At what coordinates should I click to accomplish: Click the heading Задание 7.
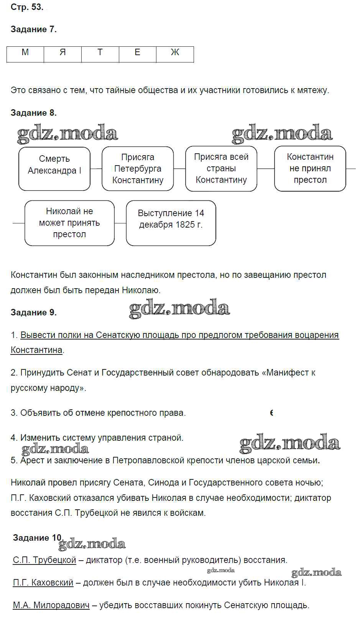pos(34,30)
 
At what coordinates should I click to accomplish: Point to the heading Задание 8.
pos(34,113)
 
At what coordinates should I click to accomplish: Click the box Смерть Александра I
pos(54,169)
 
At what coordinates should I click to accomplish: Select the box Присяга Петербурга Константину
pos(138,169)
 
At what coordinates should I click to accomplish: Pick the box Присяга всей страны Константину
pos(221,169)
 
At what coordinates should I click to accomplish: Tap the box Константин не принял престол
pos(310,169)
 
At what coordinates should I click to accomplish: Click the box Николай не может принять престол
pos(69,223)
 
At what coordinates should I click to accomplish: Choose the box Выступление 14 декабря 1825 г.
pos(171,223)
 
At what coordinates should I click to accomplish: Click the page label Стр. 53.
pos(27,7)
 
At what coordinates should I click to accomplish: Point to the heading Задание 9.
pos(34,313)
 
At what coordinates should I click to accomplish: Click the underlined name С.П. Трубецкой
pos(44,560)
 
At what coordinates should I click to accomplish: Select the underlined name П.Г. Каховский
pos(43,583)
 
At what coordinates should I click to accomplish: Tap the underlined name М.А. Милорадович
pos(51,605)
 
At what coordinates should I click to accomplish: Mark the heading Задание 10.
pos(37,538)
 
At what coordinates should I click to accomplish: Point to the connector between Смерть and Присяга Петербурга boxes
pos(96,169)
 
